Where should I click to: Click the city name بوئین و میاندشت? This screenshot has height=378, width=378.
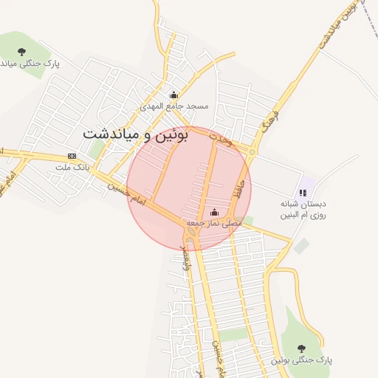tap(136, 134)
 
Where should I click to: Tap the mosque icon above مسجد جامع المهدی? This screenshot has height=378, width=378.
tap(174, 94)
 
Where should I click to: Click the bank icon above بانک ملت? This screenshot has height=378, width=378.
tap(72, 156)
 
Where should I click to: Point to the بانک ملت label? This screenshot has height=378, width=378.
tap(72, 168)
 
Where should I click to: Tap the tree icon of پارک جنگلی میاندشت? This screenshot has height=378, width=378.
tap(21, 52)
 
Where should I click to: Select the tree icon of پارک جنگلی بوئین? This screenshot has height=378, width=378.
tap(301, 348)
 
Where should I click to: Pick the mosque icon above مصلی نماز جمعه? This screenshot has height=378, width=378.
tap(215, 212)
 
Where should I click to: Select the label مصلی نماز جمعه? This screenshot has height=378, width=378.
tap(214, 222)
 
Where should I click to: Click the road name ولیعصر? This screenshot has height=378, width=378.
tap(185, 258)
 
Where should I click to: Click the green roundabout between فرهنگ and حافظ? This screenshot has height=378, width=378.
tap(252, 153)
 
